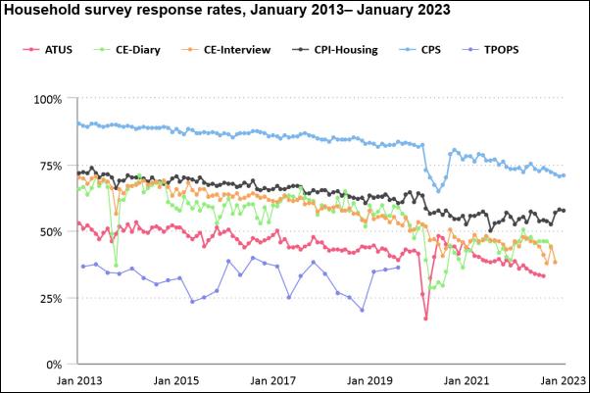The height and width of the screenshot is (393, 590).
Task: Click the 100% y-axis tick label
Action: [47, 99]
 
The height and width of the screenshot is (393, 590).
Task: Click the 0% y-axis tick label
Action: [53, 365]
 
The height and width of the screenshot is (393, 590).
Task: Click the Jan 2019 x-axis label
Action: [369, 379]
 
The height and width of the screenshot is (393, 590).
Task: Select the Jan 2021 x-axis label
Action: [467, 379]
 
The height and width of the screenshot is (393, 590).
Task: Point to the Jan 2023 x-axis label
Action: [563, 379]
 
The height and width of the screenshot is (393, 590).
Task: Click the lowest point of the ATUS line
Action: [425, 318]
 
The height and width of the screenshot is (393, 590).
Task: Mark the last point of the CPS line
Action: [564, 175]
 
